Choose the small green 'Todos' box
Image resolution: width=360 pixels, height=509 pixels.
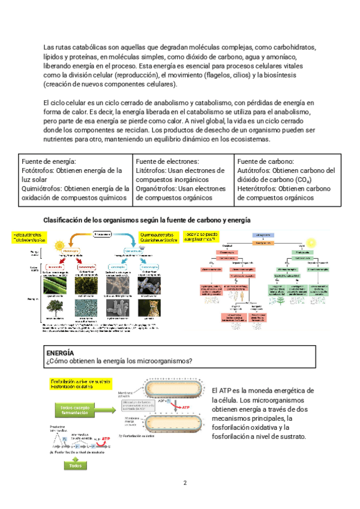[75, 465]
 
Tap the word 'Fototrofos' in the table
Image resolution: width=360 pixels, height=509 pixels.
[35, 170]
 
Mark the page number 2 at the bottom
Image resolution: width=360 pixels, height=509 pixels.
[185, 483]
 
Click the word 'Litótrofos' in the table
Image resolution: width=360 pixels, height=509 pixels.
[151, 170]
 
